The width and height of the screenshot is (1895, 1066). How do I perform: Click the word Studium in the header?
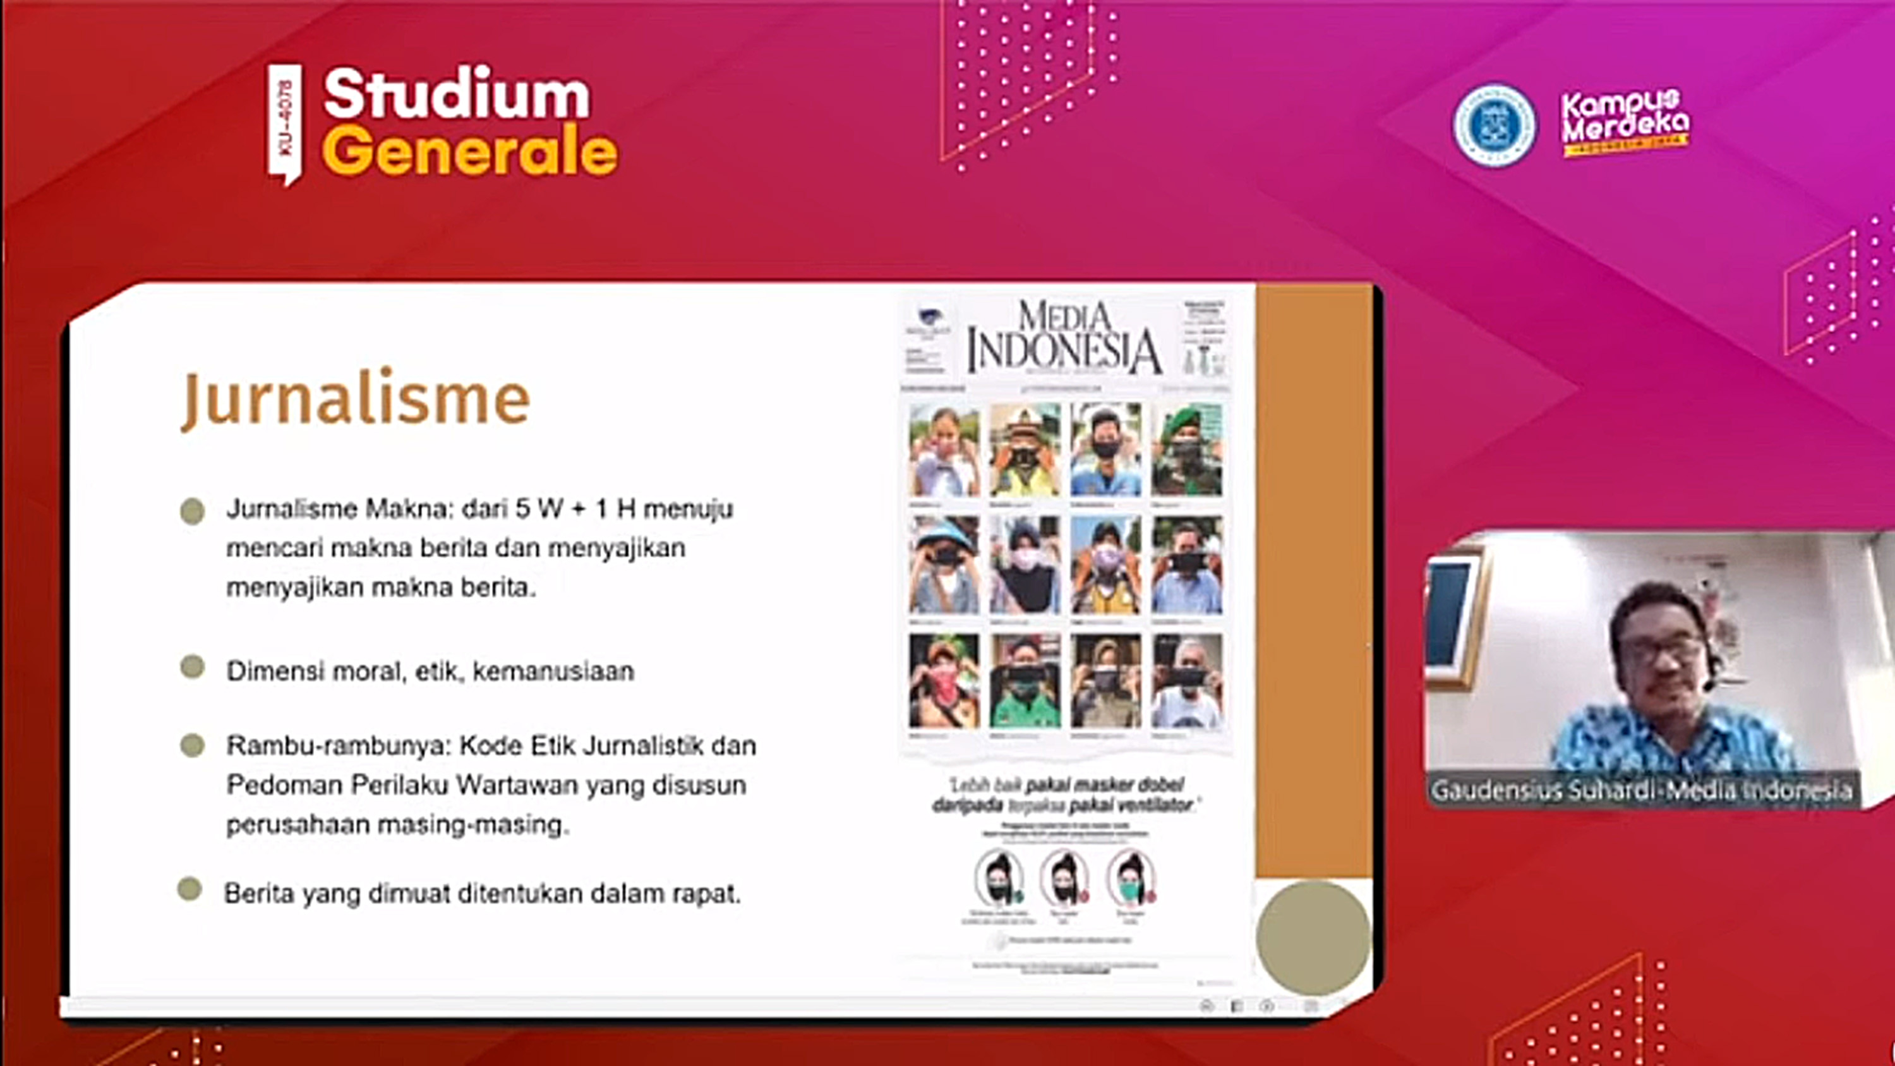pos(456,94)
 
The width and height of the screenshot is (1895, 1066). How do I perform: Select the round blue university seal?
pos(1494,125)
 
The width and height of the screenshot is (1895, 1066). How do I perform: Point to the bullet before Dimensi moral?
pos(192,667)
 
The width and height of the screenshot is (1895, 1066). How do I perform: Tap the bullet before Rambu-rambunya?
pos(192,745)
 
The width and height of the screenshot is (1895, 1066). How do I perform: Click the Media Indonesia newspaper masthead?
pos(1064,339)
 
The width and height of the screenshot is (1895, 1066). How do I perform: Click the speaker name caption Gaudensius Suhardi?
pos(1641,790)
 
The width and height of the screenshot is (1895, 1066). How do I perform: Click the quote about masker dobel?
pos(1064,794)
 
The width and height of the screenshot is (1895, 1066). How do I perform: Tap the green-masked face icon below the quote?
pos(1131,879)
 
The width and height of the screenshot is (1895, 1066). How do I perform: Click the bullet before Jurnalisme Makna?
pos(192,511)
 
